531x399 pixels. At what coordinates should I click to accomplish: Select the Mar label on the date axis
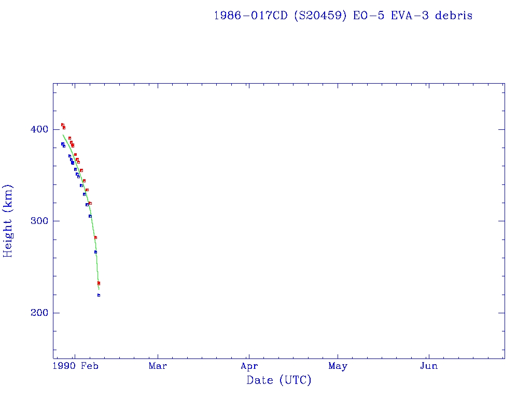[158, 366]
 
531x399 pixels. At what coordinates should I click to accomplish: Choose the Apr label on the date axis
[249, 366]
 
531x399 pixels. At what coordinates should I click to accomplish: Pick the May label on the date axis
[338, 366]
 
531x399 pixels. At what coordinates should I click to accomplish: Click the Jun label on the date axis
[428, 366]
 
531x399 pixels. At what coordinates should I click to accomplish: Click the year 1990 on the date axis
[66, 366]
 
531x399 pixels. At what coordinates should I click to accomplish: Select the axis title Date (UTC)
[279, 380]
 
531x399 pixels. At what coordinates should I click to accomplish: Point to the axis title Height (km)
[8, 221]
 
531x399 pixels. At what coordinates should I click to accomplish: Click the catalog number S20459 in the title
[322, 16]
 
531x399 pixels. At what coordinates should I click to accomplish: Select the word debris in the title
[454, 16]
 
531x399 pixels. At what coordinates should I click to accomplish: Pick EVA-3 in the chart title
[409, 16]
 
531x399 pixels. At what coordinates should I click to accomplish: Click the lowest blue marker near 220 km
[99, 295]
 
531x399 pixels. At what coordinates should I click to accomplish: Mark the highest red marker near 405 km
[62, 125]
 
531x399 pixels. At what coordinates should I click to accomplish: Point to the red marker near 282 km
[95, 237]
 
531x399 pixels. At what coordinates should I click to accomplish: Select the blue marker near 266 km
[95, 252]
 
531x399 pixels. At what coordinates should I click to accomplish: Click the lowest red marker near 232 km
[99, 283]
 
